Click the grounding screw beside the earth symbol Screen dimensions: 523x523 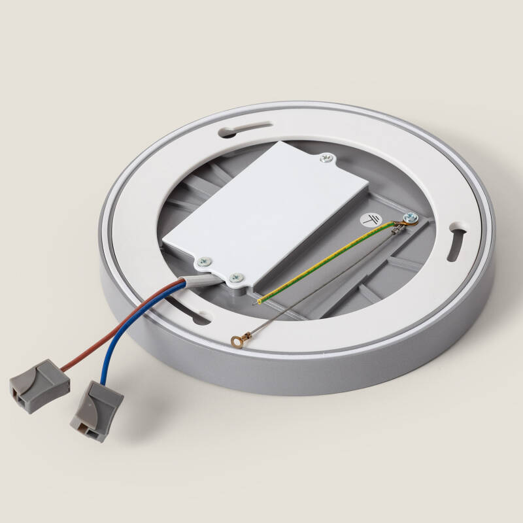(x=408, y=218)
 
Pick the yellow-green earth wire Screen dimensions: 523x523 (x=327, y=261)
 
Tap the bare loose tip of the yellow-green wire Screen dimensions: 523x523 (x=258, y=302)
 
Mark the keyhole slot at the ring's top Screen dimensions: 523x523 (x=246, y=129)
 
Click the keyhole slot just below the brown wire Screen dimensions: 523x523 (x=196, y=317)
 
